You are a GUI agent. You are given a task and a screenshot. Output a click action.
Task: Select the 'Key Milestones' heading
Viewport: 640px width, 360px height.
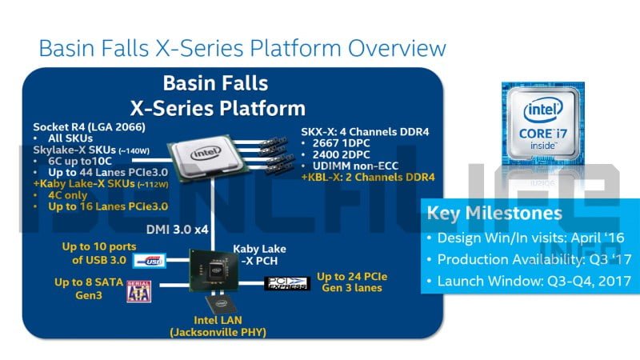(494, 214)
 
